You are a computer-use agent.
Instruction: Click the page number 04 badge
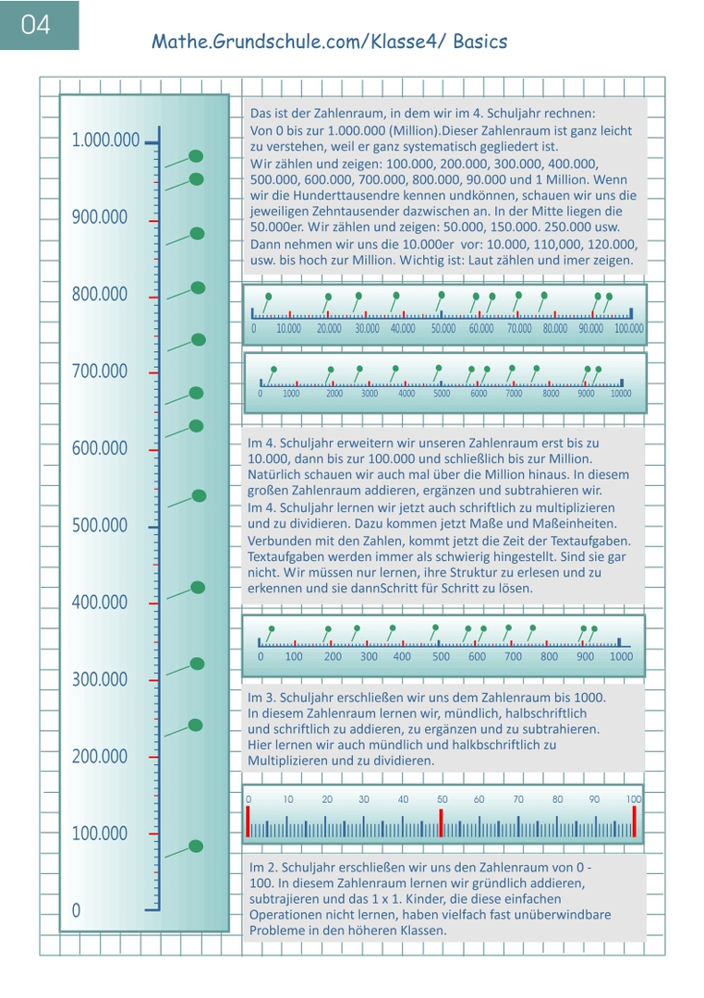tap(36, 25)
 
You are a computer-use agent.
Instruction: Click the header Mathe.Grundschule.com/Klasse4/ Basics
tap(329, 42)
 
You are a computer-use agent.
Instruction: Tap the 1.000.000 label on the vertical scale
tap(106, 140)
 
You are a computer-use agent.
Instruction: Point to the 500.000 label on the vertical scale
tap(100, 526)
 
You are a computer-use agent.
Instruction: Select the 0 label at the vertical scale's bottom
tap(76, 911)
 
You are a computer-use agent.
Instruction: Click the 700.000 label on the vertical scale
tap(100, 371)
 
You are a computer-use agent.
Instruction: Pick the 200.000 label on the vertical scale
tap(100, 757)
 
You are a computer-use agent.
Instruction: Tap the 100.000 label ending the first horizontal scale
tap(629, 329)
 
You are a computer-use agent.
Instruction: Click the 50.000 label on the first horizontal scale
tap(443, 329)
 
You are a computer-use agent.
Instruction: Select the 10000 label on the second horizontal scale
tap(621, 394)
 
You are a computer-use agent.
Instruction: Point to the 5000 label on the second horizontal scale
tap(442, 394)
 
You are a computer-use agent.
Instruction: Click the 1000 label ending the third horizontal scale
tap(622, 657)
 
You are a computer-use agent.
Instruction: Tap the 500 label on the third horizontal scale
tap(442, 657)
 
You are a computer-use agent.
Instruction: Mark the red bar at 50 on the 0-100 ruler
tap(442, 822)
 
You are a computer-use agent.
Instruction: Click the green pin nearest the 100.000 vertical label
tap(196, 846)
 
